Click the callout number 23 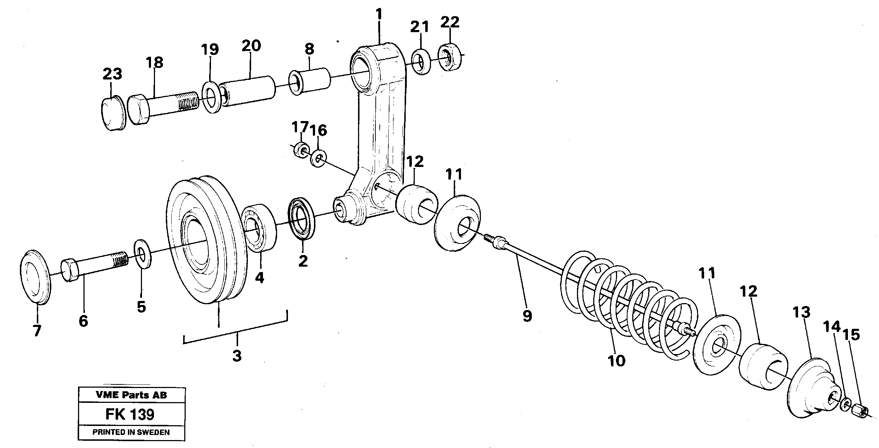tap(112, 74)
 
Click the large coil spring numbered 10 tap(629, 307)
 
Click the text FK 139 tap(130, 415)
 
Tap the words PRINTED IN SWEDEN tap(131, 432)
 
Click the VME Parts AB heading tap(131, 395)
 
